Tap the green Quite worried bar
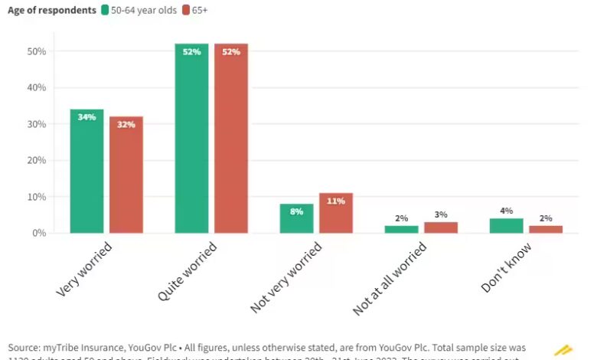click(191, 138)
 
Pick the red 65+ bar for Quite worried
click(231, 138)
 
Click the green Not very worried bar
click(296, 218)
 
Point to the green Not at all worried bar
click(401, 229)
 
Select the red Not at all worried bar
click(441, 227)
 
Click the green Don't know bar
click(506, 225)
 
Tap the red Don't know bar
click(546, 229)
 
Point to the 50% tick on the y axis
click(37, 51)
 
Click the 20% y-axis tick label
click(37, 160)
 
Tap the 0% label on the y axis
click(39, 233)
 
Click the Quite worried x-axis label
click(188, 270)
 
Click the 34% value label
click(86, 117)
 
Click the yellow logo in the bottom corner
click(563, 350)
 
